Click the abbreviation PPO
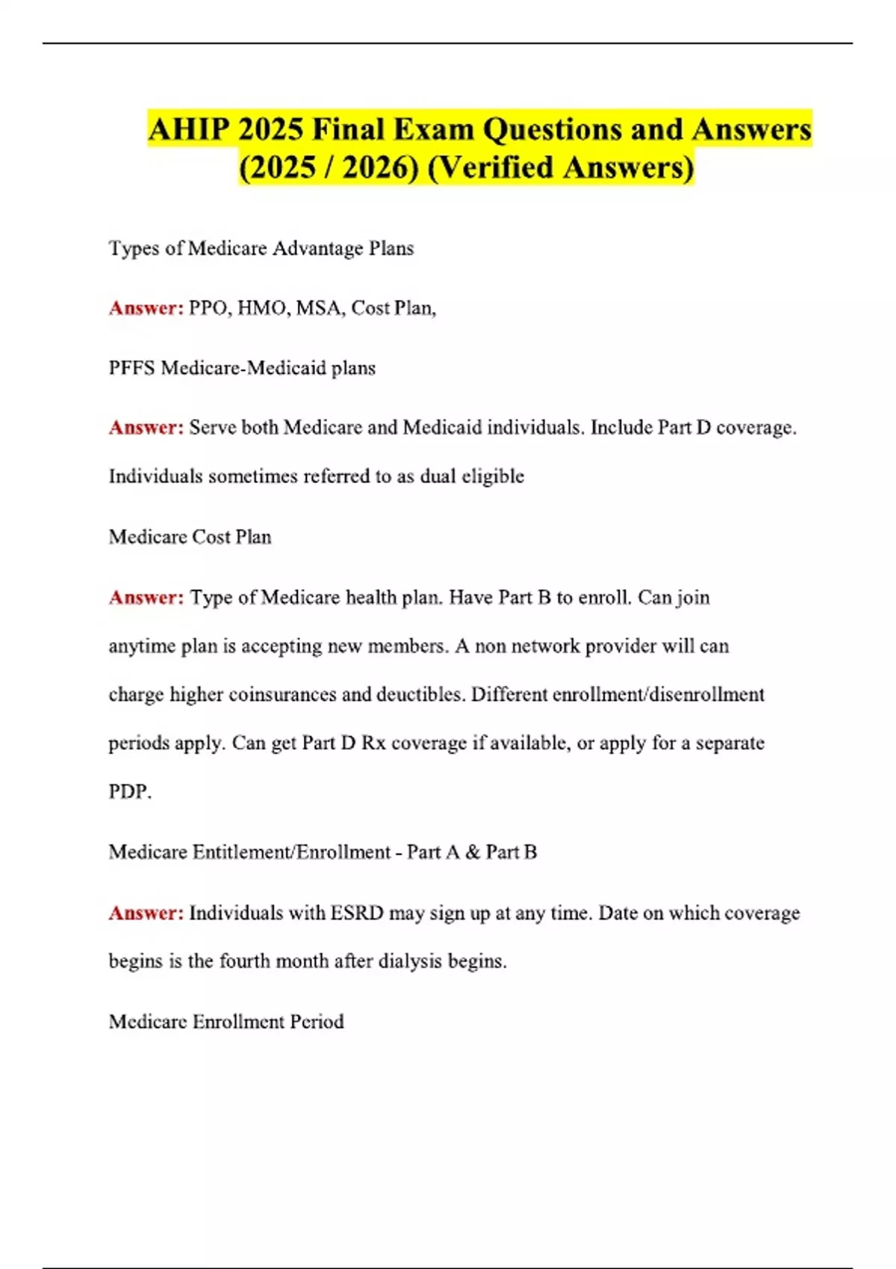[x=210, y=308]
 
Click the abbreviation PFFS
[x=132, y=368]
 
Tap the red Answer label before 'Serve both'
[x=146, y=428]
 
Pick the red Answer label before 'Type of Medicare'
[x=146, y=597]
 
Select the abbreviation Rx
[x=373, y=743]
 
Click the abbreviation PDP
[x=129, y=791]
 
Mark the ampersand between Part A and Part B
[x=472, y=852]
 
